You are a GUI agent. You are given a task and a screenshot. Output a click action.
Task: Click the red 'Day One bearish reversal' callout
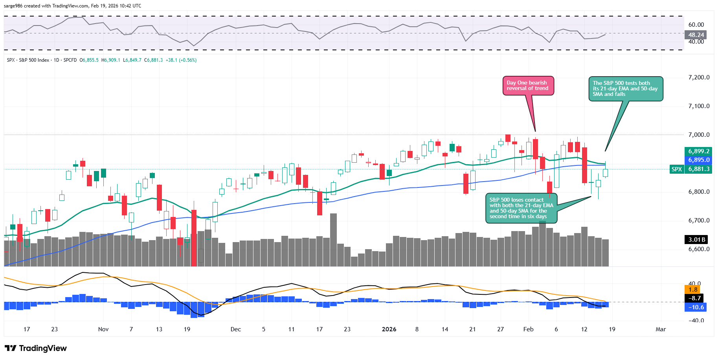tap(528, 86)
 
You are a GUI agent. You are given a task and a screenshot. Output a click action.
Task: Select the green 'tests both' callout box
tap(625, 89)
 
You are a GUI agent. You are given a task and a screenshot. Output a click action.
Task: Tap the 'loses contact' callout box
tap(521, 208)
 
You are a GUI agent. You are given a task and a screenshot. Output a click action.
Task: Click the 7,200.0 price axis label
tap(699, 77)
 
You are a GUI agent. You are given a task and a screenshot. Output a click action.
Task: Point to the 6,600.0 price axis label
tap(699, 249)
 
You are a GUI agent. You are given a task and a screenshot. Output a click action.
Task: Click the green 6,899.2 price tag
tap(699, 151)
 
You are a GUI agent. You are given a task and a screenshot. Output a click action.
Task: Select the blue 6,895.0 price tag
tap(699, 160)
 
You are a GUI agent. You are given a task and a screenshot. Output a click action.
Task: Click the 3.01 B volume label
tap(697, 239)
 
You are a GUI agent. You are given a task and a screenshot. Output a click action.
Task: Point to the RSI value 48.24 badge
tap(696, 35)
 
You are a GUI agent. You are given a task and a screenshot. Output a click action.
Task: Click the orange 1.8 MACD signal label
tap(693, 290)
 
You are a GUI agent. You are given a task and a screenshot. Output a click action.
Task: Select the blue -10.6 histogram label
tap(696, 307)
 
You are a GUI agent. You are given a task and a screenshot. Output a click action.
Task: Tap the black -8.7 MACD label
tap(695, 298)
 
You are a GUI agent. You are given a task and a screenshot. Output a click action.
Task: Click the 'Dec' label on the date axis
tap(236, 329)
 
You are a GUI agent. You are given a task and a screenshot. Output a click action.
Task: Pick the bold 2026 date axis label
tap(389, 329)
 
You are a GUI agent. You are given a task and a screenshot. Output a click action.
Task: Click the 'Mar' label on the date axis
tap(661, 329)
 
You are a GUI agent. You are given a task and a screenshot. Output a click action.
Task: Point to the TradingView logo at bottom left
tap(36, 348)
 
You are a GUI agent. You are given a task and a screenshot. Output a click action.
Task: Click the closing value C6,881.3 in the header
tap(153, 60)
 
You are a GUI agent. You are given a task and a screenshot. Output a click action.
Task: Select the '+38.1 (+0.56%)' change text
tap(181, 60)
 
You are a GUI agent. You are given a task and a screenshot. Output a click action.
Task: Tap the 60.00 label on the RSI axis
tap(696, 24)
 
